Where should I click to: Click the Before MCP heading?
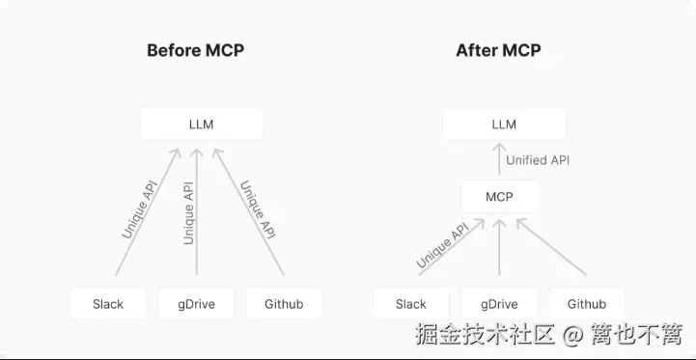point(195,50)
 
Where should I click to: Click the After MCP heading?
point(498,50)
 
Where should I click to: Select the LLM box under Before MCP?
point(201,125)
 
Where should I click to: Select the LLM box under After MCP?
point(504,125)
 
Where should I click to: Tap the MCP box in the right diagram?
point(499,197)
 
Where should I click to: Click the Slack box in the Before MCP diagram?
point(108,304)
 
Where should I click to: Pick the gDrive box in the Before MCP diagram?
point(196,304)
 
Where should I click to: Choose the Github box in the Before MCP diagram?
point(284,304)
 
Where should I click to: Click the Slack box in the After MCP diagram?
point(411,304)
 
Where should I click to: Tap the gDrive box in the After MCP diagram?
point(499,304)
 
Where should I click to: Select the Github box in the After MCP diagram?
point(587,304)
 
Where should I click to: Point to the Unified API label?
point(538,160)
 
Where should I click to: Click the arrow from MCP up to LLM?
point(499,160)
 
